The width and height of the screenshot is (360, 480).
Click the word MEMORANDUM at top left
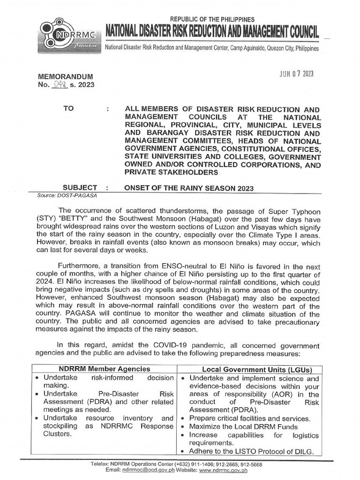click(65, 77)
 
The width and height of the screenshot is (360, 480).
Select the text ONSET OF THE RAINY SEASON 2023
click(189, 188)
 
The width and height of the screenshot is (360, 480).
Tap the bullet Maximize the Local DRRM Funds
click(243, 427)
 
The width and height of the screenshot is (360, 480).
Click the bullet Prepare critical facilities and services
click(249, 419)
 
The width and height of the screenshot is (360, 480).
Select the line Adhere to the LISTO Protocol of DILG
click(251, 452)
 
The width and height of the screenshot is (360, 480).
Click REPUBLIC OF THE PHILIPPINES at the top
click(212, 19)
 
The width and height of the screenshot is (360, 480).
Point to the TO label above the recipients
click(68, 109)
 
